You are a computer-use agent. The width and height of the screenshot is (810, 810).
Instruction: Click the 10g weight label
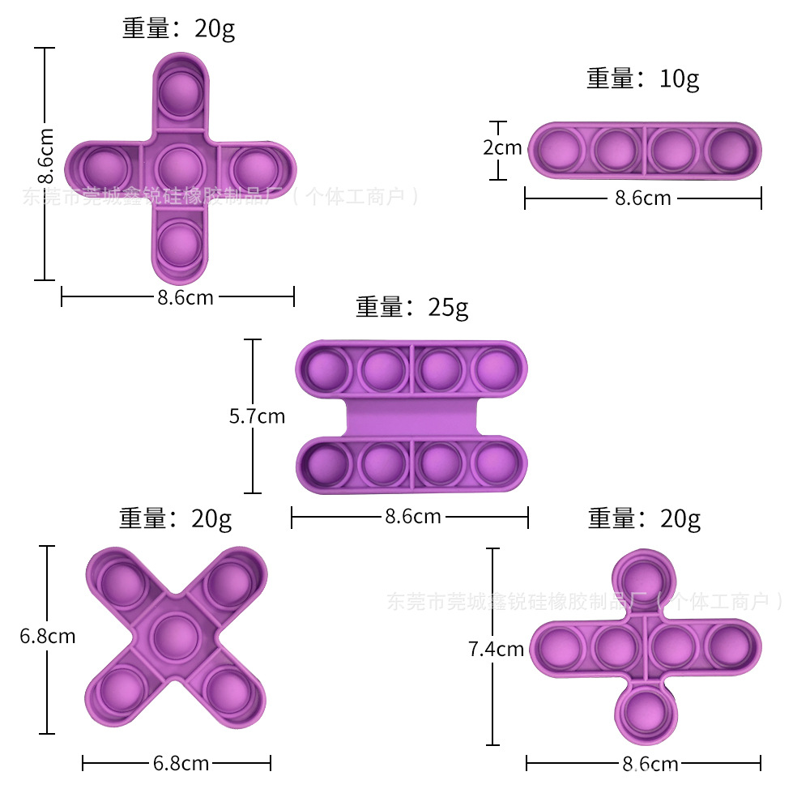tap(642, 79)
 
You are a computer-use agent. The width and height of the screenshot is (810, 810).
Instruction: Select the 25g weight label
tap(411, 308)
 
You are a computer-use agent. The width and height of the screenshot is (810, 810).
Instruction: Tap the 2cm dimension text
tap(502, 148)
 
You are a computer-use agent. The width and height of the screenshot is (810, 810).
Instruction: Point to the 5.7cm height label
tap(257, 416)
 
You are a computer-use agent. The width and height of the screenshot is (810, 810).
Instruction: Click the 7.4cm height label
tap(496, 649)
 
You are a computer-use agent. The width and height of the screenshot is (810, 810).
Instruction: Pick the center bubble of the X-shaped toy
tap(176, 637)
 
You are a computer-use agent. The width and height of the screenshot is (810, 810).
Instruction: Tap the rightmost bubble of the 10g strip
tap(731, 151)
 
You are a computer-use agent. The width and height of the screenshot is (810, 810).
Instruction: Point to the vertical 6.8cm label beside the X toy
tap(48, 637)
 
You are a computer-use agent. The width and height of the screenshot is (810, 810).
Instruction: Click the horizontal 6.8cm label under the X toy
tap(181, 763)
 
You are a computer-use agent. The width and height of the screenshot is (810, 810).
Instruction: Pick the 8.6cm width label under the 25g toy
tap(412, 516)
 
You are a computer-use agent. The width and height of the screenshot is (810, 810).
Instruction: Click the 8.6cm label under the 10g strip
tap(643, 198)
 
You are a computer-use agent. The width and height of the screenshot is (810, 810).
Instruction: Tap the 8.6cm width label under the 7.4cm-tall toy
tap(650, 763)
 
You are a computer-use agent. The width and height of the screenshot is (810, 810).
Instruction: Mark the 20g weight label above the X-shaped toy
tap(176, 518)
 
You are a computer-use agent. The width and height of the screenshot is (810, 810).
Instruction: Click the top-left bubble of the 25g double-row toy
tap(327, 369)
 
